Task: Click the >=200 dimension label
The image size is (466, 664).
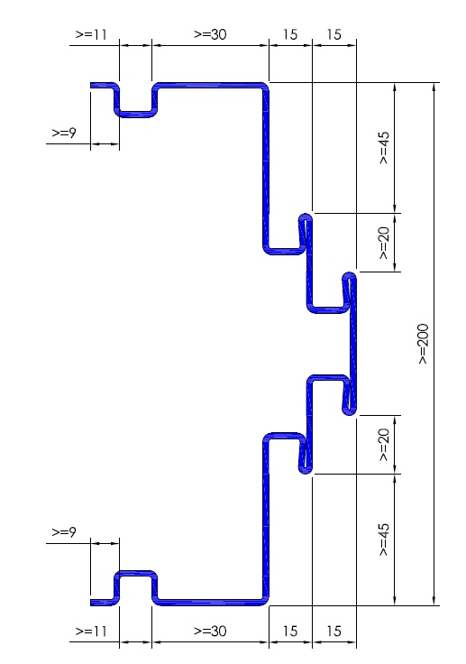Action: [x=424, y=344]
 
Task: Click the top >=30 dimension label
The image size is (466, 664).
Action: [x=210, y=34]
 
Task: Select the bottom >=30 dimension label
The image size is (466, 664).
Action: [x=210, y=631]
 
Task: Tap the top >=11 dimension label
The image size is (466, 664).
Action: [x=91, y=34]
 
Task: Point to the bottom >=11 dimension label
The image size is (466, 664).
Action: [x=91, y=631]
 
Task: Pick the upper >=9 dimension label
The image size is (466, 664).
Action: [x=64, y=133]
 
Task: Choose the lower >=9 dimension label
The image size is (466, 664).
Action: [x=64, y=531]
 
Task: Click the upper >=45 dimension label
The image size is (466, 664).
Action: [x=383, y=147]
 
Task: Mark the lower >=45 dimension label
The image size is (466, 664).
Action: [x=383, y=539]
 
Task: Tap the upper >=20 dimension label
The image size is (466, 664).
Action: [x=383, y=243]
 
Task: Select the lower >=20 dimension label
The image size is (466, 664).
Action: [x=383, y=445]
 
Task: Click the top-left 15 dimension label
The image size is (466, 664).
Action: [x=290, y=34]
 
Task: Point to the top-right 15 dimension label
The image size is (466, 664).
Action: [x=334, y=34]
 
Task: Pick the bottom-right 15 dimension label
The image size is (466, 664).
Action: [x=334, y=631]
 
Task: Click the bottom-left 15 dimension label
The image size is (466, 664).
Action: [x=290, y=631]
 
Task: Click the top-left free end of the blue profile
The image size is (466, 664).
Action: [x=91, y=85]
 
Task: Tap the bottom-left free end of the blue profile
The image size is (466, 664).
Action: [x=91, y=602]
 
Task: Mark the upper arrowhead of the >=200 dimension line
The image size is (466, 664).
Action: [x=434, y=88]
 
